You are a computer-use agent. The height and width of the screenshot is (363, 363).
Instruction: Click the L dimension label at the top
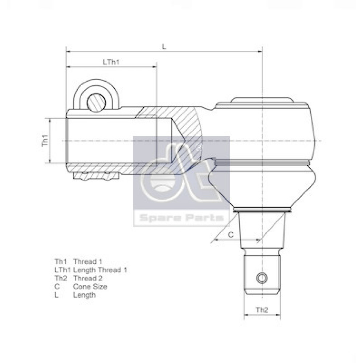164,46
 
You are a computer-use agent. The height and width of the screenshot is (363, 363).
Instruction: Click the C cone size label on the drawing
231,235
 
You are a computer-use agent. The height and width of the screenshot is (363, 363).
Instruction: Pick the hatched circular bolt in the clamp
96,103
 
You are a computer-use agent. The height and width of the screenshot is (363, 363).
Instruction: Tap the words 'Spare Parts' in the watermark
181,217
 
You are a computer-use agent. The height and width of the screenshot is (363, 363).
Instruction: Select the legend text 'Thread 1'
88,262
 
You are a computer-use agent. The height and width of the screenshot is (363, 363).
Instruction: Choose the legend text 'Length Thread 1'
100,270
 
